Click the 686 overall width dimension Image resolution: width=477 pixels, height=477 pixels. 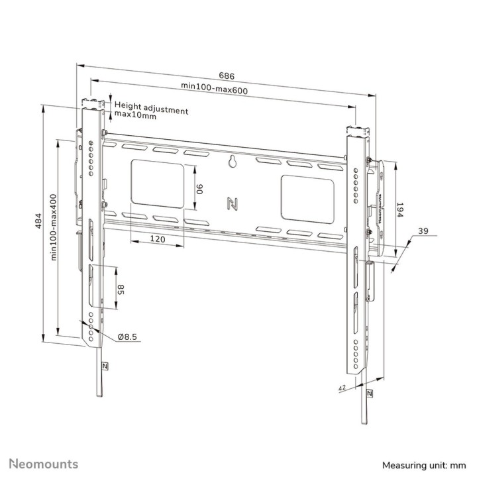pos(226,76)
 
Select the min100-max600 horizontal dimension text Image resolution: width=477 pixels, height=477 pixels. pos(215,89)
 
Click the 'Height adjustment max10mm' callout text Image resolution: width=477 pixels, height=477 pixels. pos(151,109)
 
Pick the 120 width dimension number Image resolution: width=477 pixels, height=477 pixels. pos(157,239)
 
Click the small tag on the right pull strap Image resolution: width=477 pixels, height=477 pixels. pos(368,394)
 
